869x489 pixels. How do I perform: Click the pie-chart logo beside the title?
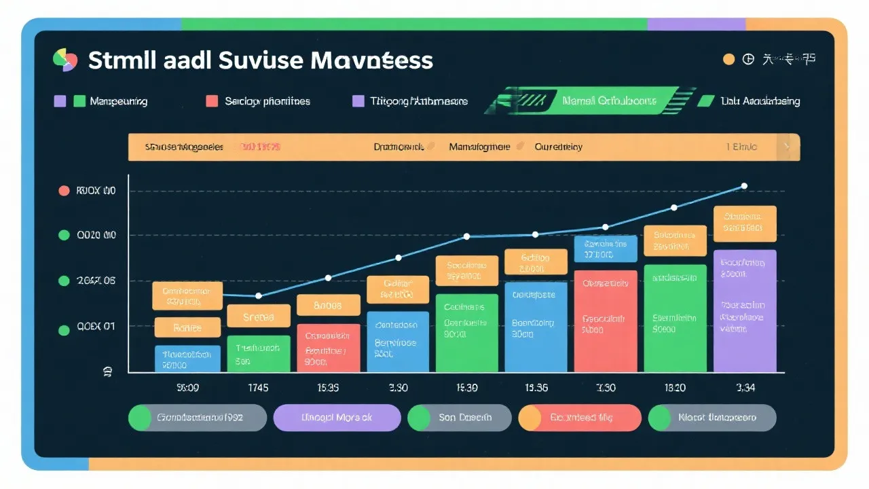[65, 60]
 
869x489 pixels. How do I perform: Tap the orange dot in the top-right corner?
[728, 59]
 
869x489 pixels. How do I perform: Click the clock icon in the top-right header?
[748, 59]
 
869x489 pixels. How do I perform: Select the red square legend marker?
[212, 101]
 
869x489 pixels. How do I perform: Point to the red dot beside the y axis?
[64, 191]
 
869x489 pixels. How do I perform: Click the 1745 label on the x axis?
[258, 388]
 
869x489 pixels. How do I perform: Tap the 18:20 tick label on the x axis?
[674, 388]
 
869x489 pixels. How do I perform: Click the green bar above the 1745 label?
[258, 353]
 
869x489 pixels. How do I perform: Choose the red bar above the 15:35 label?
[328, 347]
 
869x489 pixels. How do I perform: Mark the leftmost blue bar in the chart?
[187, 359]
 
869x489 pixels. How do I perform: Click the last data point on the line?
[744, 185]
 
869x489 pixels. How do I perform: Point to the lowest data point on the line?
[258, 295]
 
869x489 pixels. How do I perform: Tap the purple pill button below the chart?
[337, 418]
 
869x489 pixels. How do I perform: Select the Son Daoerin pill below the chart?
[459, 418]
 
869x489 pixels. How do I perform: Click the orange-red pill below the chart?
[579, 418]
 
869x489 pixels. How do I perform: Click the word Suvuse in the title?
[261, 60]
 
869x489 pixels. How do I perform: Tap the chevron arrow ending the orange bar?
[787, 146]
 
